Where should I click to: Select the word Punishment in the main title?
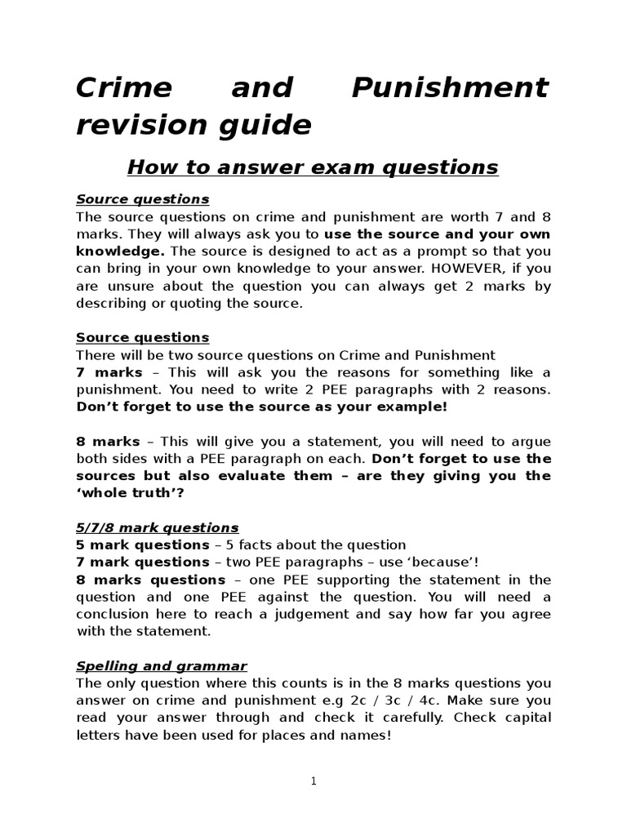tap(450, 88)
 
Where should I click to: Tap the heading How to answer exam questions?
tap(313, 167)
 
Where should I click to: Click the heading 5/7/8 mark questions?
tap(157, 527)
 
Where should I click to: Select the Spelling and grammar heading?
tap(161, 666)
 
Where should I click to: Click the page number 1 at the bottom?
tap(313, 781)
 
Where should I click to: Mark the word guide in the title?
tap(268, 126)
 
